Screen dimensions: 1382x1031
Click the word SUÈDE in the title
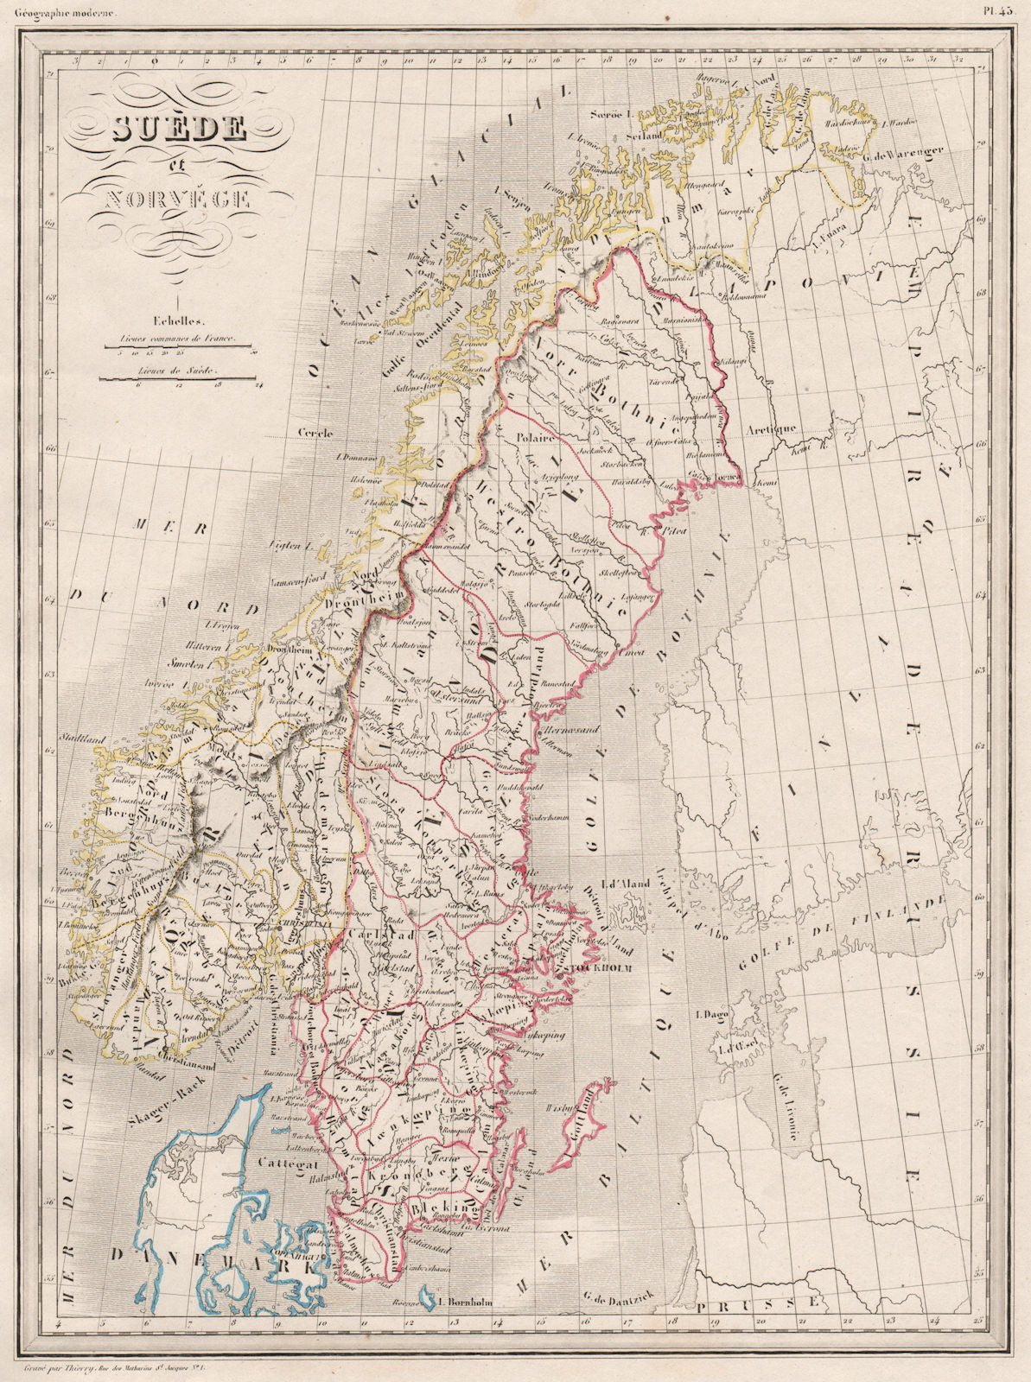point(179,129)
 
